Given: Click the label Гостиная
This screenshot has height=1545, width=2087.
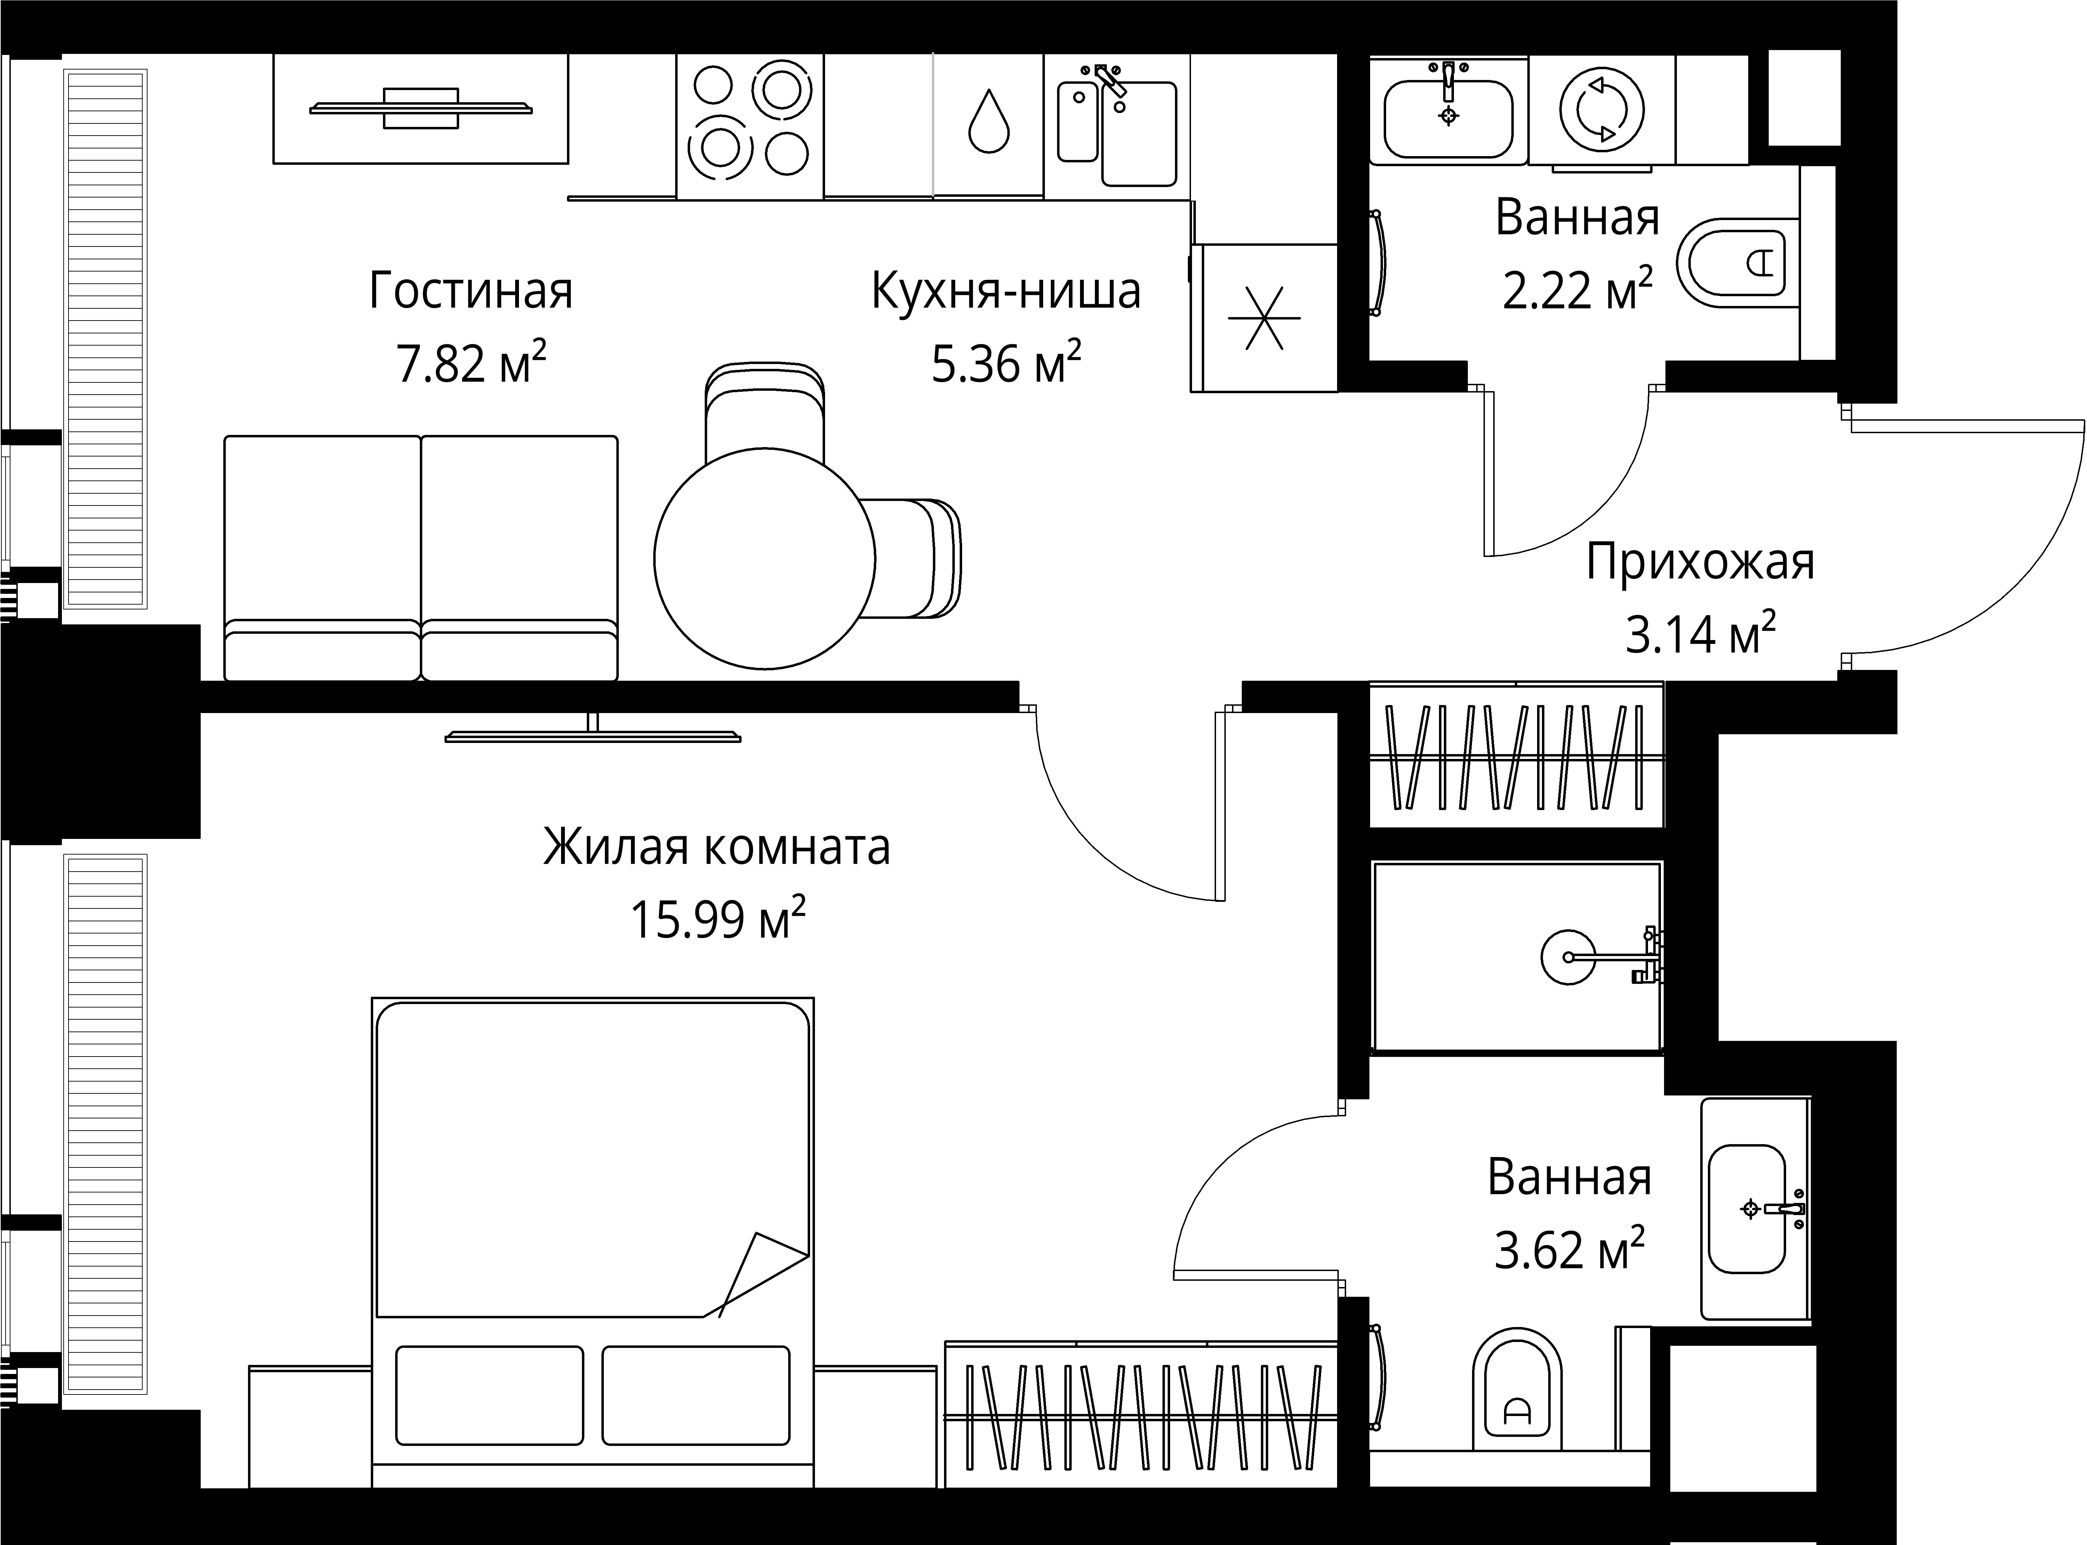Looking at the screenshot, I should click(471, 291).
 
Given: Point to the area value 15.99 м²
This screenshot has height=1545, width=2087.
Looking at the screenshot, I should click(717, 919).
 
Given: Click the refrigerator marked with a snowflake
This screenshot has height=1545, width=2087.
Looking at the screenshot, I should click(1264, 318).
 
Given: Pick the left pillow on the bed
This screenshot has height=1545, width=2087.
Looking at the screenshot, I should click(489, 1394).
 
